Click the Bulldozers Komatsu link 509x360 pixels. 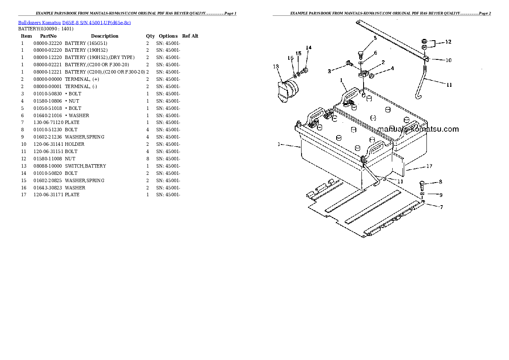[39, 22]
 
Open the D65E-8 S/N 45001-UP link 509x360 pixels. [97, 22]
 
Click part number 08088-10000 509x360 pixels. [47, 166]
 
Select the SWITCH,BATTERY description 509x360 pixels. [85, 166]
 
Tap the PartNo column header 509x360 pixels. [48, 36]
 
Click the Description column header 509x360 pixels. [104, 36]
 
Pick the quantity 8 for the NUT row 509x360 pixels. [148, 159]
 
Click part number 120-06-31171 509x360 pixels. [47, 195]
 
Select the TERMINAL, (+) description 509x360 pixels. [82, 79]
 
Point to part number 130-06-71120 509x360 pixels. [47, 122]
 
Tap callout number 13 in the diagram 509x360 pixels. [276, 66]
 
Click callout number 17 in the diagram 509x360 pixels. [429, 166]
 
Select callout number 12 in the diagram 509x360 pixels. [448, 42]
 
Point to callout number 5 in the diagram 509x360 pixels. [375, 38]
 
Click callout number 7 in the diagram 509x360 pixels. [441, 207]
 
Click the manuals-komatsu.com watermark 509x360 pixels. [418, 129]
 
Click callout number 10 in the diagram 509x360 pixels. [448, 60]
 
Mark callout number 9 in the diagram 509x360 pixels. [441, 195]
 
